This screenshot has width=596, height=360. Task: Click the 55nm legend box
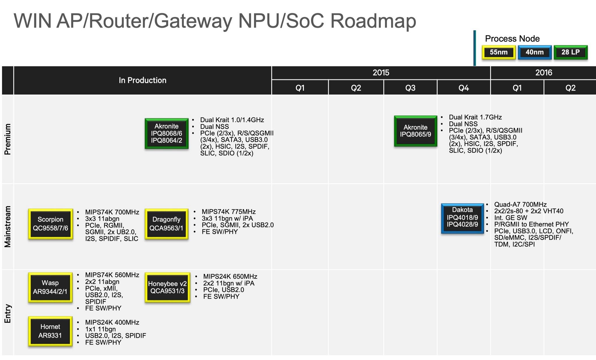pyautogui.click(x=499, y=52)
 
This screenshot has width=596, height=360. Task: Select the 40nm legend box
pyautogui.click(x=535, y=52)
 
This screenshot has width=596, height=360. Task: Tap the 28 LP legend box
pyautogui.click(x=570, y=52)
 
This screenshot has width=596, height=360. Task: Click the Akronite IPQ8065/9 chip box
pyautogui.click(x=415, y=131)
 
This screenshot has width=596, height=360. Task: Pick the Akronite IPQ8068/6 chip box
pyautogui.click(x=166, y=134)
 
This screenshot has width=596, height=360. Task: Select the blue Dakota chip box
pyautogui.click(x=462, y=218)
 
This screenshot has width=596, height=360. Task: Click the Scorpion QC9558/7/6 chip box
pyautogui.click(x=50, y=224)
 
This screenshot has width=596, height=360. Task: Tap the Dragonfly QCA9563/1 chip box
pyautogui.click(x=166, y=224)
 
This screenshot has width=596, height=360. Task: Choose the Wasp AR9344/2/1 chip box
pyautogui.click(x=50, y=287)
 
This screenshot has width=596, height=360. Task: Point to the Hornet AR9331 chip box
pyautogui.click(x=50, y=331)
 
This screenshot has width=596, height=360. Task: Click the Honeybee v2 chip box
pyautogui.click(x=167, y=287)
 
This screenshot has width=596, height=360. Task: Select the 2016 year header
pyautogui.click(x=543, y=72)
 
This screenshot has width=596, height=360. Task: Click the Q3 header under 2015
pyautogui.click(x=410, y=88)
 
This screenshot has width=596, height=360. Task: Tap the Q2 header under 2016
pyautogui.click(x=570, y=88)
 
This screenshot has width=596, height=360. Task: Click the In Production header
pyautogui.click(x=142, y=80)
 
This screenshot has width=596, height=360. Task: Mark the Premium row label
pyautogui.click(x=8, y=139)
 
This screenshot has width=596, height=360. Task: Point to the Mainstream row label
pyautogui.click(x=8, y=226)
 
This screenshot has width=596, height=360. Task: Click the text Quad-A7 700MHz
pyautogui.click(x=520, y=205)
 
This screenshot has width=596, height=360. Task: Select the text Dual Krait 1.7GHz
pyautogui.click(x=475, y=117)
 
